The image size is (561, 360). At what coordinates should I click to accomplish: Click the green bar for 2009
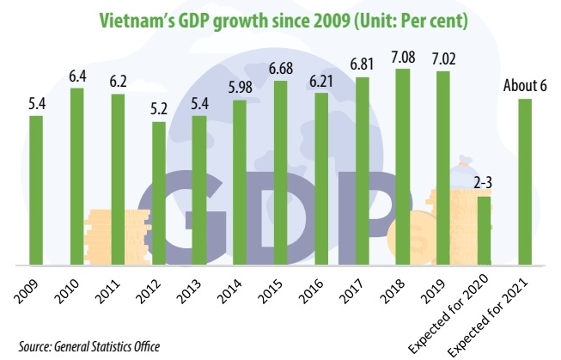(36, 189)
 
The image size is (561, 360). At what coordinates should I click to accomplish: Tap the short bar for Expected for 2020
(484, 229)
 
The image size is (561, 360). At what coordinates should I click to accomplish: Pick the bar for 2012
(158, 192)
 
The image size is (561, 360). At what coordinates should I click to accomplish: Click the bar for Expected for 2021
(525, 180)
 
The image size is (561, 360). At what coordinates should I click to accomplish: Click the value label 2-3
(484, 184)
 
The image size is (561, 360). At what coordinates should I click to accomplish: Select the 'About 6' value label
(525, 87)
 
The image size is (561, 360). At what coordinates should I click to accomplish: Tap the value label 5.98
(240, 88)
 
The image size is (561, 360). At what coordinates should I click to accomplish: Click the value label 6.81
(362, 65)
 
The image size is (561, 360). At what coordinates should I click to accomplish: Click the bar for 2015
(280, 172)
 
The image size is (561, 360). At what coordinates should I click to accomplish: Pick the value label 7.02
(443, 59)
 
